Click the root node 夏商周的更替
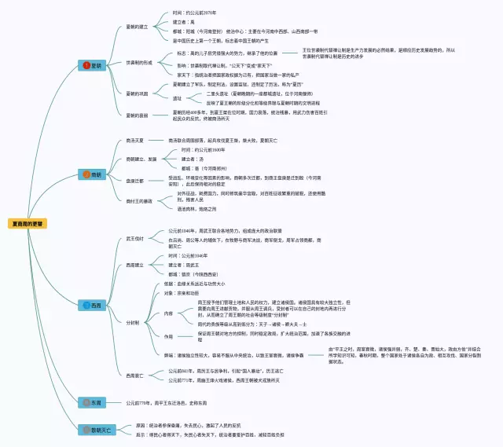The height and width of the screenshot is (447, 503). click(x=26, y=223)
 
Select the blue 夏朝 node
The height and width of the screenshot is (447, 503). click(x=92, y=65)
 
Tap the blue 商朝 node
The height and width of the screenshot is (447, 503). click(x=92, y=174)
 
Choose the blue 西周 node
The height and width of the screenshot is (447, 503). click(x=92, y=304)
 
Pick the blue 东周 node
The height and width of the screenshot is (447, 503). click(x=92, y=402)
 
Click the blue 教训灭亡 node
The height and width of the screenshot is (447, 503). click(x=97, y=430)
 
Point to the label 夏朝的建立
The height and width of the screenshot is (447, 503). click(x=139, y=27)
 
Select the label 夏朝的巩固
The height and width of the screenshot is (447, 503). click(x=139, y=93)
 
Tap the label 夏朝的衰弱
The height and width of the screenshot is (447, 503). click(x=139, y=115)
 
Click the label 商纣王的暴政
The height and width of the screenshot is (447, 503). click(x=139, y=201)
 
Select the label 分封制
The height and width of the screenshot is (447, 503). click(x=133, y=322)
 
